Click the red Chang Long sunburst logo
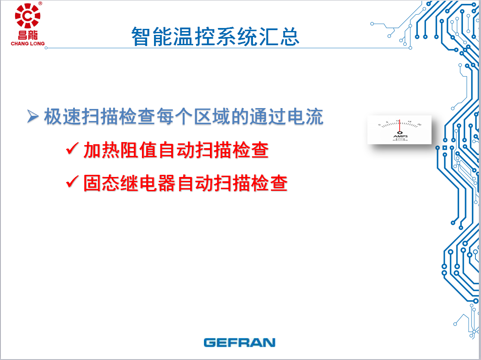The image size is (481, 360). click(28, 16)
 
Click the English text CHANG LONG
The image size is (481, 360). click(28, 43)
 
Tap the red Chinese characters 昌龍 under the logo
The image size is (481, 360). click(28, 35)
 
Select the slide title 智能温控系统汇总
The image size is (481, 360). click(216, 37)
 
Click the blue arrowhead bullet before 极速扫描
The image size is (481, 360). click(33, 116)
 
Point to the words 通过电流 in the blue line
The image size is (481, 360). click(286, 117)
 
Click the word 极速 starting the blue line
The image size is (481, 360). click(62, 117)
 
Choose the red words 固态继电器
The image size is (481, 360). click(130, 183)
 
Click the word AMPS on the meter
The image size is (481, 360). click(400, 136)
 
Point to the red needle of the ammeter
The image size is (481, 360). click(399, 125)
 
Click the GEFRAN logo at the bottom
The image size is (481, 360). click(240, 342)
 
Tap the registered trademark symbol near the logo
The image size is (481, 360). click(40, 3)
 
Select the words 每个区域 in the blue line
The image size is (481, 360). click(193, 117)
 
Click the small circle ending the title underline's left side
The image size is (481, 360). click(46, 48)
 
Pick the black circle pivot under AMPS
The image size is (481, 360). click(399, 133)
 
